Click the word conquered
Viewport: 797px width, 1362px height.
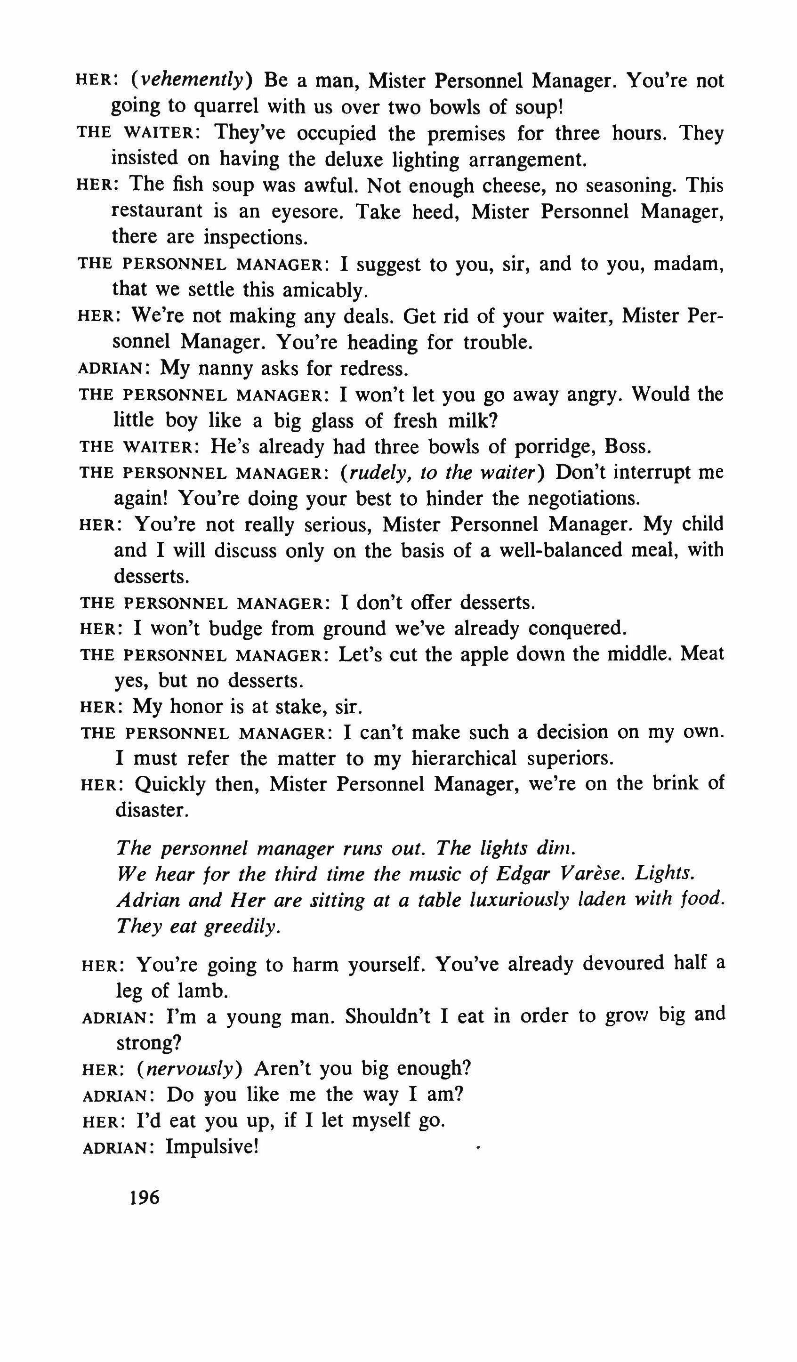[577, 628]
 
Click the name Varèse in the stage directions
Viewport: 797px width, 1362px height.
[595, 874]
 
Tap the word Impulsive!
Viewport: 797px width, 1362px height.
[212, 1146]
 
